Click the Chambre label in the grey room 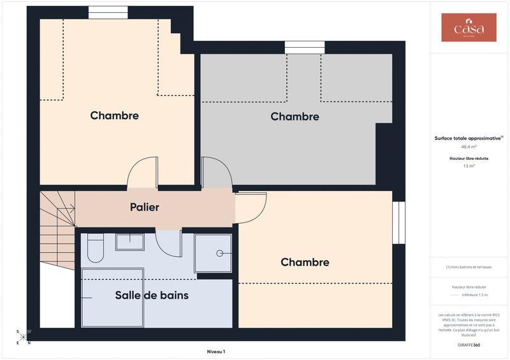tap(295, 117)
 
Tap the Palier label tap(145, 207)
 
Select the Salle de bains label tap(152, 296)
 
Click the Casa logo tap(469, 28)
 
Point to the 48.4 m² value tap(469, 146)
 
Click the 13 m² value tap(469, 166)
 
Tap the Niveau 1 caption tap(216, 351)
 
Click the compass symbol tap(23, 337)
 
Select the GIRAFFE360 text tap(469, 344)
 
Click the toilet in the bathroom tap(96, 248)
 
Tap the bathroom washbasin tap(129, 242)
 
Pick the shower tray tap(213, 253)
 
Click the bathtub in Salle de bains tap(112, 298)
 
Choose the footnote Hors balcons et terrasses tap(469, 267)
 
